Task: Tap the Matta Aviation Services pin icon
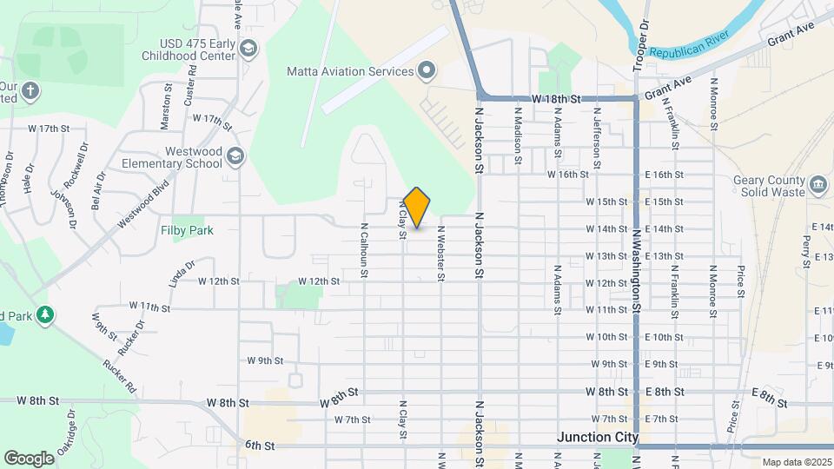427,70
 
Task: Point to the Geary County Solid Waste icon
817,185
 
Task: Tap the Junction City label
598,437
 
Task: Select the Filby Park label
187,231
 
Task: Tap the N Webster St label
441,254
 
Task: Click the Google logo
29,458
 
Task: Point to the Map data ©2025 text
797,462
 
